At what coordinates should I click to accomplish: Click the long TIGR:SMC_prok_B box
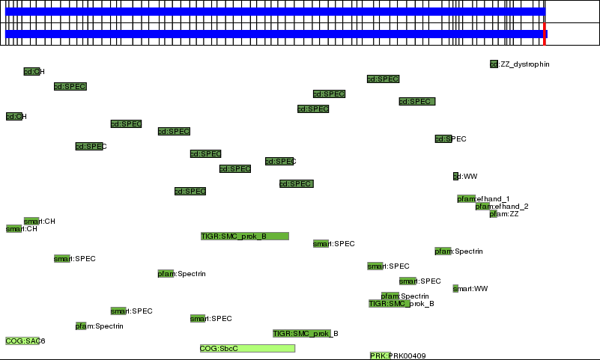coord(244,237)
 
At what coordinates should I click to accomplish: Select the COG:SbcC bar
coord(247,349)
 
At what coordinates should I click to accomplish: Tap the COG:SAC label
coord(22,341)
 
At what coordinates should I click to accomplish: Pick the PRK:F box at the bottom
coord(380,356)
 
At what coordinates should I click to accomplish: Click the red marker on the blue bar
coord(545,34)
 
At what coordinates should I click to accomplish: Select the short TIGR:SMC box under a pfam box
coord(389,304)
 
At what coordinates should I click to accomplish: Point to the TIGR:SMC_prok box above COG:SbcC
coord(301,334)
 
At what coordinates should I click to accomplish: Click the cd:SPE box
coord(88,147)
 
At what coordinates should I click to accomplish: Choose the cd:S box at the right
coord(443,139)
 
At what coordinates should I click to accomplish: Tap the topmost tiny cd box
coord(494,64)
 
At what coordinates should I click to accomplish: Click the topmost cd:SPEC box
coord(383,79)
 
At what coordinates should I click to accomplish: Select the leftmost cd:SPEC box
coord(70,87)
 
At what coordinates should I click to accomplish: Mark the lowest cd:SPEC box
coord(190,192)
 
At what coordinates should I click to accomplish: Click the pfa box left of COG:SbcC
coord(81,326)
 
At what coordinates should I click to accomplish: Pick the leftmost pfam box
coord(166,274)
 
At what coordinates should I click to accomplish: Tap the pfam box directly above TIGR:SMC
coord(390,296)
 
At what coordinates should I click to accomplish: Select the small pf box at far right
coord(493,214)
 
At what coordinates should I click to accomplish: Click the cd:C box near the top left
coord(31,72)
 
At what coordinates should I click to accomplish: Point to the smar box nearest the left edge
coord(14,229)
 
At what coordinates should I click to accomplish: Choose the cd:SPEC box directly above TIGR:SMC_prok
coord(296,184)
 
